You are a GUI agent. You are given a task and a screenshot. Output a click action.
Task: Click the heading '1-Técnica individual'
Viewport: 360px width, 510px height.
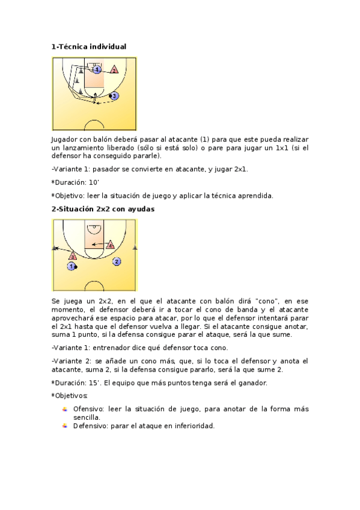[89, 46]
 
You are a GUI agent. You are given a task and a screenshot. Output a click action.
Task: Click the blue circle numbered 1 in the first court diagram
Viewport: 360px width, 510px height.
[97, 70]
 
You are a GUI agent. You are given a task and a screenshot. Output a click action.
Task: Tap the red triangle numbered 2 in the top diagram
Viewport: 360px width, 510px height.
[114, 70]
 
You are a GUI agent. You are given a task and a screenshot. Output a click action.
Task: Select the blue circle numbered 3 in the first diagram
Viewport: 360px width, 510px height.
[114, 96]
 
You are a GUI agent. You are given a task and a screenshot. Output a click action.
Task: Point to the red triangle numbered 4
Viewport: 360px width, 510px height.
[110, 245]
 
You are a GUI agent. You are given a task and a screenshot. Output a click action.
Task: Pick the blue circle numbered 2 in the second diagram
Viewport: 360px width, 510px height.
[117, 262]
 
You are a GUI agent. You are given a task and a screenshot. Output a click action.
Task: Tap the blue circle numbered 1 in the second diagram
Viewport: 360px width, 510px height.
[72, 266]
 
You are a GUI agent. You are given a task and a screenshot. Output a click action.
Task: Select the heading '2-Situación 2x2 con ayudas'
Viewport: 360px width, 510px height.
[103, 209]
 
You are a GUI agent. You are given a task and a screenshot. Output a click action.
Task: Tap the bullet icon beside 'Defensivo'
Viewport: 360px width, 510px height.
[65, 426]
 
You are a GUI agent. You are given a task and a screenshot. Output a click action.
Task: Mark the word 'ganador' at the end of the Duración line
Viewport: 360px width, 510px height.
[252, 383]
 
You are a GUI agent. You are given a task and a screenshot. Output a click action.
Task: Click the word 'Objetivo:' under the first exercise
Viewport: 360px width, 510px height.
[73, 195]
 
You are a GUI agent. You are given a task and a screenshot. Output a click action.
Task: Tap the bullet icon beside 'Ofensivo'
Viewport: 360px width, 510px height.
[65, 409]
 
